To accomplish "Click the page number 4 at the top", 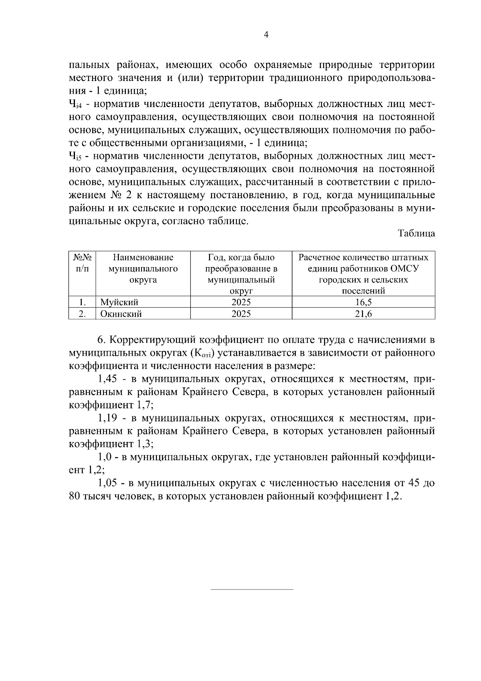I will click(x=266, y=35).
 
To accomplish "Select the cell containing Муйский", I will click(x=119, y=302).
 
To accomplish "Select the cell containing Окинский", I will click(x=121, y=314).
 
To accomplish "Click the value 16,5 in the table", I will click(x=363, y=302).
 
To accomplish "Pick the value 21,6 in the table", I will click(x=363, y=314).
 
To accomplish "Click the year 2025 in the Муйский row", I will click(x=241, y=302).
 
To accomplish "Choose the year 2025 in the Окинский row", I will click(x=241, y=314).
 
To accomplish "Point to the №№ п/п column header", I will click(x=82, y=263).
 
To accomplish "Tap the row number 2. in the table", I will click(x=82, y=314).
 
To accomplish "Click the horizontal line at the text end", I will click(x=252, y=589).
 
